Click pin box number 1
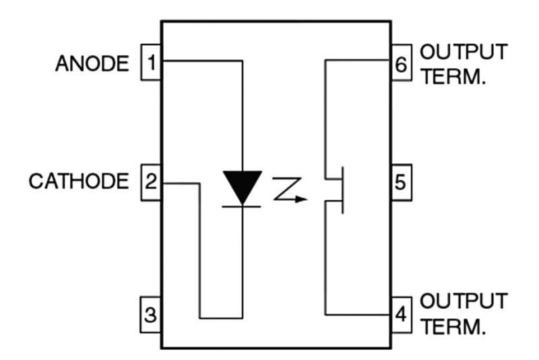coord(151,63)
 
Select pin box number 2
coord(151,182)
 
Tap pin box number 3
coord(151,314)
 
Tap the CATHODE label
coord(78,182)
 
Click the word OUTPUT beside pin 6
coord(464,53)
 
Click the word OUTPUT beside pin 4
coord(464,301)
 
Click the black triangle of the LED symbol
coord(242,185)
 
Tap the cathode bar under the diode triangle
coord(242,206)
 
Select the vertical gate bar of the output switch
coord(342,191)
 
